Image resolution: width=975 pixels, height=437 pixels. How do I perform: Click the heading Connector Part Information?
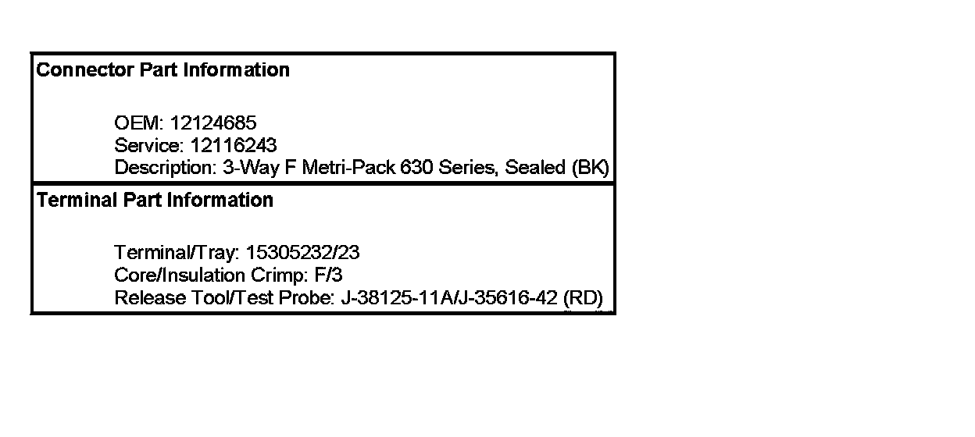[163, 70]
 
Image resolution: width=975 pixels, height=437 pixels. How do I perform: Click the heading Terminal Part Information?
[155, 201]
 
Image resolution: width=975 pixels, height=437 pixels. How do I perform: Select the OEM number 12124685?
[213, 123]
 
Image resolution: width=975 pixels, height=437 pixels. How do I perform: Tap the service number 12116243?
[234, 145]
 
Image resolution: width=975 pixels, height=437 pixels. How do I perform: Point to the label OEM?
[139, 123]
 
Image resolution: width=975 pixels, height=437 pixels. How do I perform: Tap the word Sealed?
[536, 168]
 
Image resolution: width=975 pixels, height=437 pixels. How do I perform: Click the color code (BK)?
[591, 168]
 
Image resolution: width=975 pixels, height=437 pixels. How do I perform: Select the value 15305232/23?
[303, 253]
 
